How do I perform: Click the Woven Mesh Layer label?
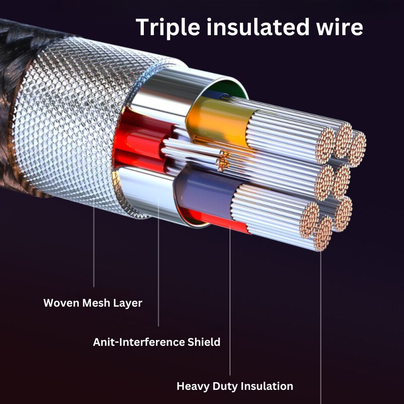[x=93, y=303]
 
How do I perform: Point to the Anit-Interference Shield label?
[x=156, y=342]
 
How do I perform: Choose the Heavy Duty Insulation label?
[x=235, y=386]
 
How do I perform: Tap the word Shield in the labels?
[x=204, y=342]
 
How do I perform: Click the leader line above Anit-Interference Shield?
[x=158, y=263]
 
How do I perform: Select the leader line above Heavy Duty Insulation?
[x=230, y=303]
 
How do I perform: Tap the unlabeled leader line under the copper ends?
[x=321, y=323]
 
